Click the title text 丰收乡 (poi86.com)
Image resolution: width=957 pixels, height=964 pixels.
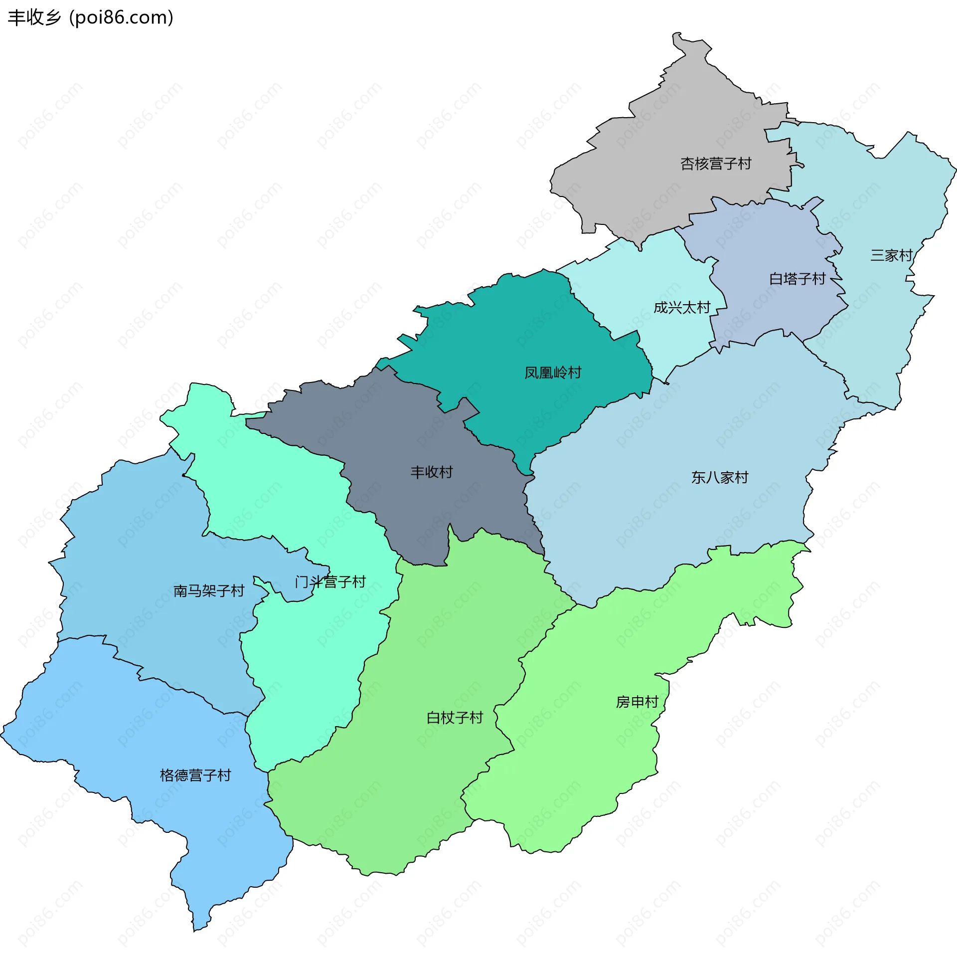pyautogui.click(x=91, y=17)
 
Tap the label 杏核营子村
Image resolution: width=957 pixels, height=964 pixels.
pyautogui.click(x=716, y=164)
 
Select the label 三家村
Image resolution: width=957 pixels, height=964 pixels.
pyautogui.click(x=891, y=255)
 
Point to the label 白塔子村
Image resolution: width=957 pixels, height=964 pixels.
pyautogui.click(x=797, y=278)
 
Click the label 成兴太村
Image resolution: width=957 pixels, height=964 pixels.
pyautogui.click(x=682, y=307)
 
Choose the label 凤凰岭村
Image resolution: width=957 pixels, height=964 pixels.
pyautogui.click(x=553, y=373)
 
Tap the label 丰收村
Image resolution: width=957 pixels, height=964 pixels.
pyautogui.click(x=431, y=472)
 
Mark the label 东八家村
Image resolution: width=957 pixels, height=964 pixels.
pyautogui.click(x=720, y=477)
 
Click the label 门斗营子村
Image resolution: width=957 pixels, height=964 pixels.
pyautogui.click(x=330, y=582)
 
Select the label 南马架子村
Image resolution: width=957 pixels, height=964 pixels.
pyautogui.click(x=209, y=591)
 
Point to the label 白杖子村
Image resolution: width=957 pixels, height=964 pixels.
pyautogui.click(x=455, y=718)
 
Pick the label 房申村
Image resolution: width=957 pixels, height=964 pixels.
pyautogui.click(x=638, y=702)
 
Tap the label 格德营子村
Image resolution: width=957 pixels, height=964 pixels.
pyautogui.click(x=195, y=775)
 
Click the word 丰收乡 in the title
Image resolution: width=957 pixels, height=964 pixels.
pyautogui.click(x=34, y=17)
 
